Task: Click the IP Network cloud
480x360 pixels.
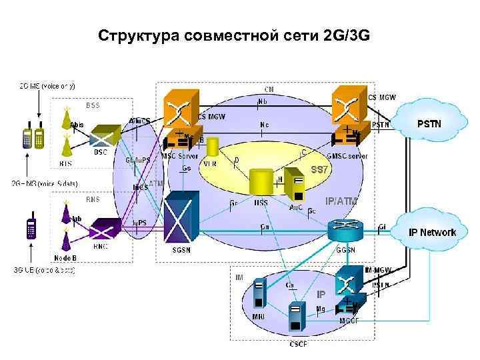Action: click(x=432, y=231)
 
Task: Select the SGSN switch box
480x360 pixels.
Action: click(x=182, y=217)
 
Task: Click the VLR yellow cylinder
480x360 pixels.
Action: click(x=213, y=147)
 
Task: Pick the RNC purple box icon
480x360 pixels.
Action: click(x=104, y=231)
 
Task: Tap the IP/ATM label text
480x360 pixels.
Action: click(x=341, y=200)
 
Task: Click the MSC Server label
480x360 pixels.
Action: click(x=179, y=156)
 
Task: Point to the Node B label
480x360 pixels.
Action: click(x=66, y=258)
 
